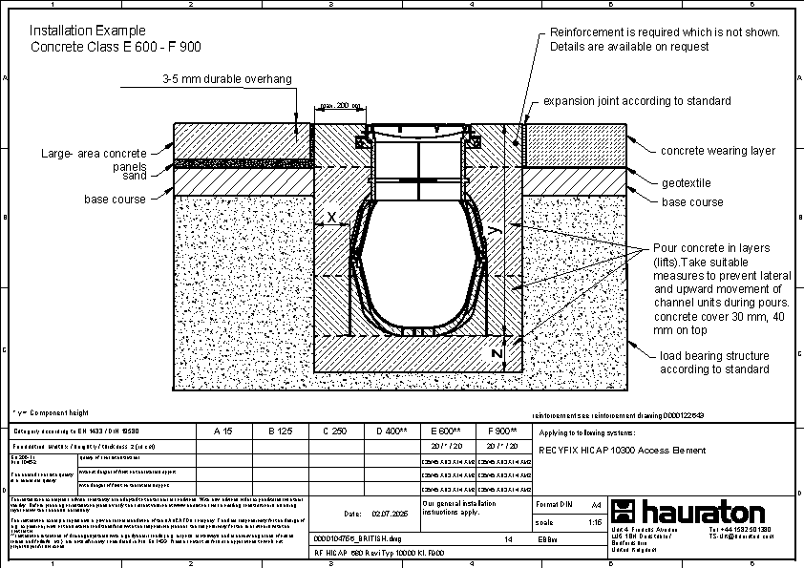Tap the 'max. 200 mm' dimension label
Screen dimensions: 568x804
tap(340, 105)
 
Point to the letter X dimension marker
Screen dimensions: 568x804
tap(331, 218)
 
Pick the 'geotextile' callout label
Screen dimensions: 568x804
tap(687, 182)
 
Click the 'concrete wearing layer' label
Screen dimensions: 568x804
tap(718, 150)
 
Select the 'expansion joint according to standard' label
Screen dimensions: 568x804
tap(637, 100)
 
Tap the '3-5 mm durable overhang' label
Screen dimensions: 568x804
tap(226, 79)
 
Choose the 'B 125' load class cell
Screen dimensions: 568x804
tap(279, 431)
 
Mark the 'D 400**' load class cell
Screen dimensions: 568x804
tap(391, 431)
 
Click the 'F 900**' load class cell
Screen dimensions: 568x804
tap(502, 431)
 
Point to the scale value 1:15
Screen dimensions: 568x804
tap(595, 522)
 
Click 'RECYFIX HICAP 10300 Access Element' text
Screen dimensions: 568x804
tap(623, 450)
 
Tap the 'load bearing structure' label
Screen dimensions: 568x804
tap(713, 356)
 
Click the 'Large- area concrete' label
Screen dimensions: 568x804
tap(94, 153)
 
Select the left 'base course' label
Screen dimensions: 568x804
tap(115, 200)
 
